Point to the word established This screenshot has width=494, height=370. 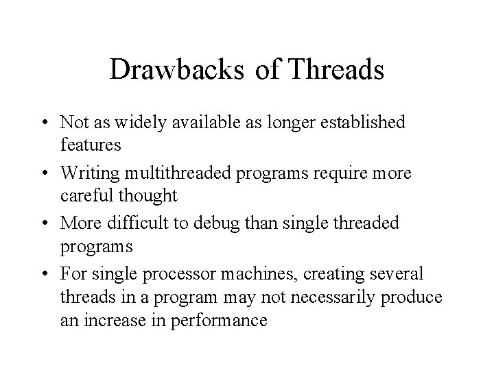360,122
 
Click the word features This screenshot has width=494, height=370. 91,145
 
